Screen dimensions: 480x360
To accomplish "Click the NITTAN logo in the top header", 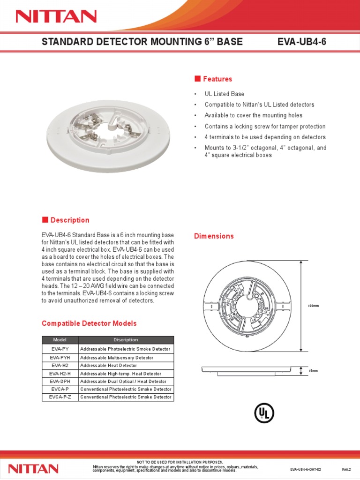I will click(56, 17).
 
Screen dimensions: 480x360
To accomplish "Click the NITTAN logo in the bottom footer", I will click(34, 468).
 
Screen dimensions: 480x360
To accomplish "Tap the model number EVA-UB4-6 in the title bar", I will click(302, 42).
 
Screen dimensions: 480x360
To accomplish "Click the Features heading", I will click(217, 79).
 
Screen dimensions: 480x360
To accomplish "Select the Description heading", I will click(70, 220).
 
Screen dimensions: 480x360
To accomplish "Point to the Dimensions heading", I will click(214, 236).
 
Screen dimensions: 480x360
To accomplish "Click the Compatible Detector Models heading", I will click(89, 323).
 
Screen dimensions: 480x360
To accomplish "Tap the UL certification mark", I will click(264, 412).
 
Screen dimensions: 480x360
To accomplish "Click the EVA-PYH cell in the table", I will click(60, 358).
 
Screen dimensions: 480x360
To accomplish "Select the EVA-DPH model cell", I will click(60, 381).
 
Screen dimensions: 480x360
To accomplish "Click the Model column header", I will click(60, 340).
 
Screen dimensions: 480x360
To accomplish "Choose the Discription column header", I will click(126, 340).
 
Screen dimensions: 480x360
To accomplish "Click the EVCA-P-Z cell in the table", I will click(60, 397).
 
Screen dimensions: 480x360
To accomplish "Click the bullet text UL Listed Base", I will click(224, 94).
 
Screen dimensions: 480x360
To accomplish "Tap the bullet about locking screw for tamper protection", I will click(265, 127).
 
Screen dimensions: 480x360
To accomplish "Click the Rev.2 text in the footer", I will click(346, 469).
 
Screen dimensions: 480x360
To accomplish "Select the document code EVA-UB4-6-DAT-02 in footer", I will click(307, 469).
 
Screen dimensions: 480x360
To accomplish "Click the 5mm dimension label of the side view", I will click(314, 371).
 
